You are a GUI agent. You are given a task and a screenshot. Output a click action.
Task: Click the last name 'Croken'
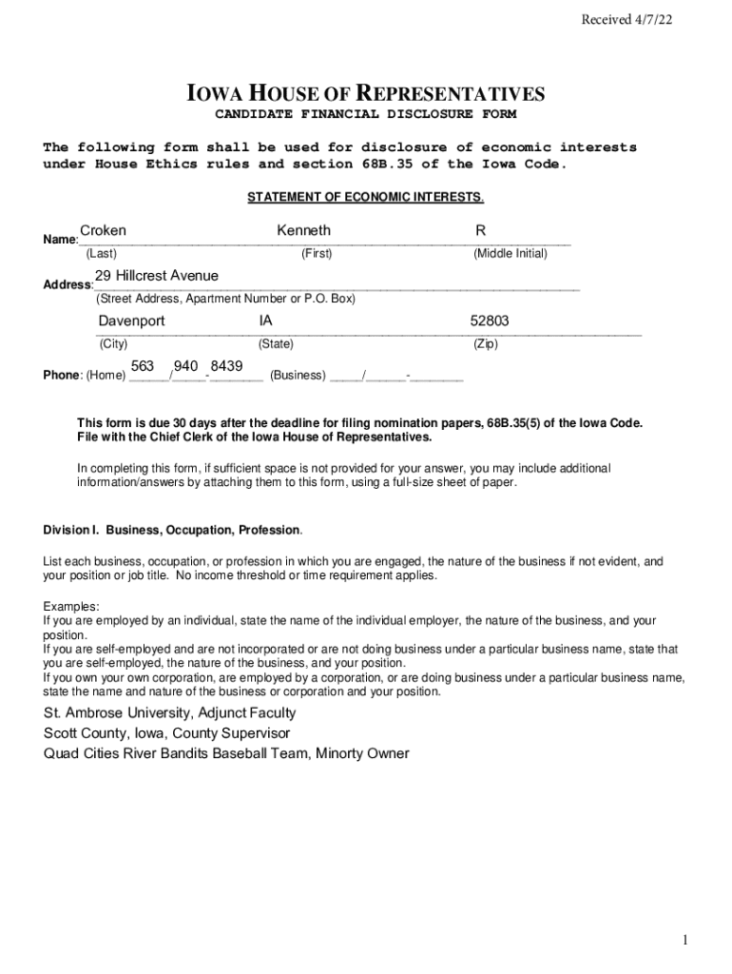click(103, 231)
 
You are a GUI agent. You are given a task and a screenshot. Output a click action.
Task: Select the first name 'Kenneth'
click(303, 231)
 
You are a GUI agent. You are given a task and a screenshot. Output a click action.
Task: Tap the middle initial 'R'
click(481, 231)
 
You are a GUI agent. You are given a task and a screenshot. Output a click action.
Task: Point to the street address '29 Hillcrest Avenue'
click(156, 276)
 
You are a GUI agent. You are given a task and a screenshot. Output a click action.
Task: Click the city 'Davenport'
click(131, 321)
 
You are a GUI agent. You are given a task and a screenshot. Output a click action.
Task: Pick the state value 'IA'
click(266, 321)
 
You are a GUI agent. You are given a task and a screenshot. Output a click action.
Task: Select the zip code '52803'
click(490, 321)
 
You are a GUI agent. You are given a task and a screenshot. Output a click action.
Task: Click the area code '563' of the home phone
click(143, 366)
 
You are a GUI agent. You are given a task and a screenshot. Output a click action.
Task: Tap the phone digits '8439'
click(226, 366)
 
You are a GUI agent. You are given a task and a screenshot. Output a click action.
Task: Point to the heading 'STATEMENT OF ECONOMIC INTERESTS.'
click(366, 198)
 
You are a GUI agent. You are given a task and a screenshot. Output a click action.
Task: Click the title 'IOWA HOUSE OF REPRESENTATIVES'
click(365, 94)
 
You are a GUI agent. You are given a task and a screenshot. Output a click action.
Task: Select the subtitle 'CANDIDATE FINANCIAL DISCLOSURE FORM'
click(365, 115)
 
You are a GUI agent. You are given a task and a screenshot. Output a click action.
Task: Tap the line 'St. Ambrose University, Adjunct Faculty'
click(169, 712)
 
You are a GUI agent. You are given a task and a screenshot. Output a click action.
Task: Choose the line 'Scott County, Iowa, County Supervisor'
click(166, 733)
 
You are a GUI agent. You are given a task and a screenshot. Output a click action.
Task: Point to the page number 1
click(684, 941)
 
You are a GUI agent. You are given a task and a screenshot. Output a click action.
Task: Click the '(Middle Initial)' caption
click(510, 254)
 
